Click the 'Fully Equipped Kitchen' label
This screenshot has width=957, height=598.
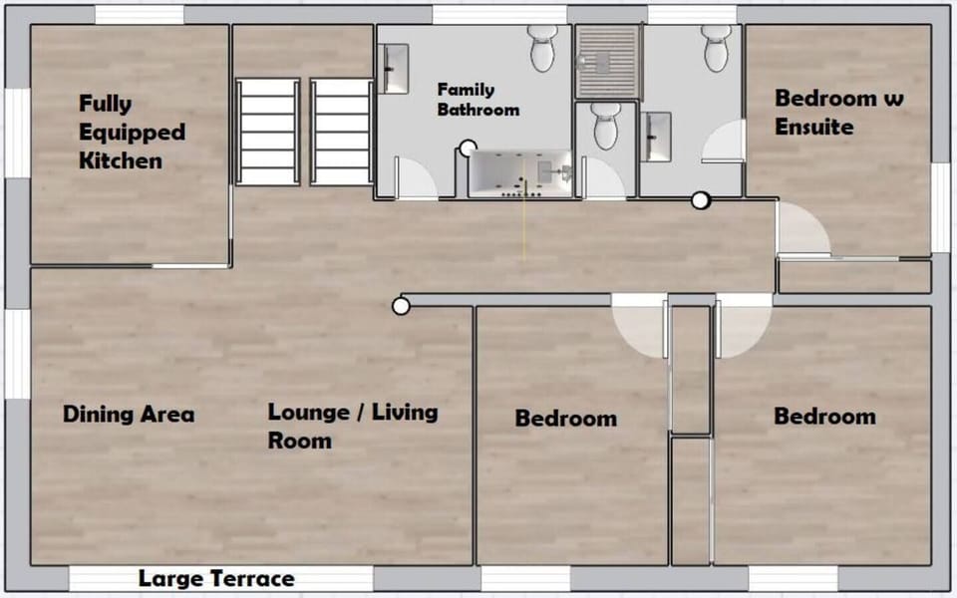tap(132, 132)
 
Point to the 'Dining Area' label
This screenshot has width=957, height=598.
tap(129, 415)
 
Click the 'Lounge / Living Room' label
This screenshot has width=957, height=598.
tap(353, 426)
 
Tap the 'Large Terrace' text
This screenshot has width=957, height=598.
tap(216, 579)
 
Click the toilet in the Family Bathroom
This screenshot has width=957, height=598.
tap(542, 49)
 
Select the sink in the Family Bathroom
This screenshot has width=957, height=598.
tap(395, 69)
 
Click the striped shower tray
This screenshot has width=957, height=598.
tap(607, 62)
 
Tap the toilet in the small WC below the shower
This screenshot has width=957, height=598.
tap(606, 127)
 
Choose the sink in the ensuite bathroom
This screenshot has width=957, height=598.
tap(658, 136)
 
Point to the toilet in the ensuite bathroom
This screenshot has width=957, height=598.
tap(716, 47)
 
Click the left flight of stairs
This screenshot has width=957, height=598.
tap(267, 132)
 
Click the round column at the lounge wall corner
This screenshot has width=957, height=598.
tap(401, 306)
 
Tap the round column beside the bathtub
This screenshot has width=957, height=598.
tap(467, 149)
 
